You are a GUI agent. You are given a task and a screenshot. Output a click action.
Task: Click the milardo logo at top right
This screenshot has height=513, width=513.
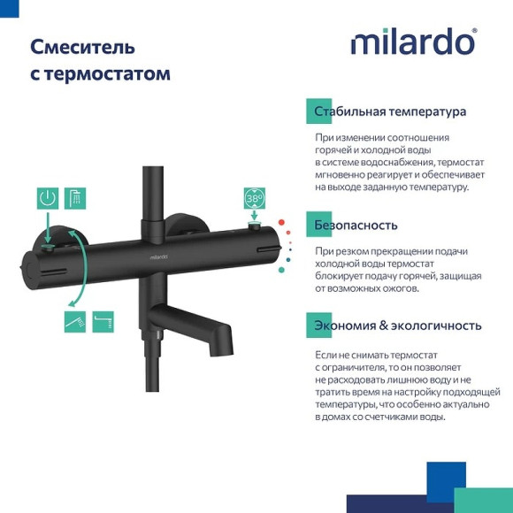(413, 42)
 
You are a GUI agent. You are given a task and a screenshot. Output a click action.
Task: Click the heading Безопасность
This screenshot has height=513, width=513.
(356, 225)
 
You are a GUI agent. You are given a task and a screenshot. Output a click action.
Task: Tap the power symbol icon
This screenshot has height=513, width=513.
(49, 198)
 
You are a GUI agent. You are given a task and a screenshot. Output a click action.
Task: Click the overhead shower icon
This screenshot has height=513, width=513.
(77, 198)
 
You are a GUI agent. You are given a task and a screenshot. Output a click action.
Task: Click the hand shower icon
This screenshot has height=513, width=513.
(75, 321)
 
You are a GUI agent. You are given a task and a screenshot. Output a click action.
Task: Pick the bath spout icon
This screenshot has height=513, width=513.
(103, 321)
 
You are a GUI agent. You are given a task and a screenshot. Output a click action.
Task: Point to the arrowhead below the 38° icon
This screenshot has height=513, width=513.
(255, 226)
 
